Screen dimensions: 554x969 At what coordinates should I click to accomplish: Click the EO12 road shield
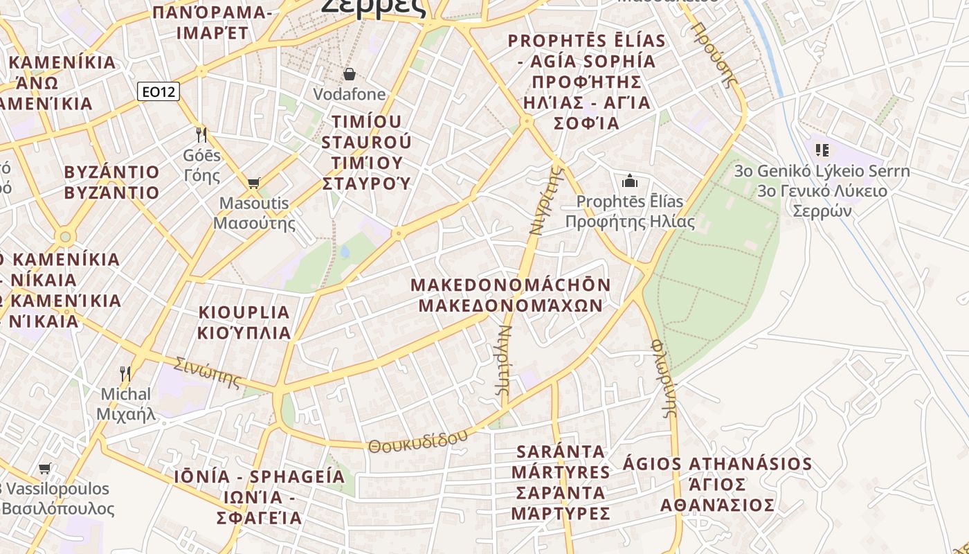click(159, 91)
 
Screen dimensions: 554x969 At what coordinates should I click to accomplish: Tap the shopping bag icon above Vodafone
click(350, 73)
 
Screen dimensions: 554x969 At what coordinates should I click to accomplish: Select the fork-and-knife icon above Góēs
click(201, 134)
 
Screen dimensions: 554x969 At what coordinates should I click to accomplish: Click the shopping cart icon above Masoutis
click(253, 183)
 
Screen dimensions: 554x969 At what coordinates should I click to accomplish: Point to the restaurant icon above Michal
click(125, 374)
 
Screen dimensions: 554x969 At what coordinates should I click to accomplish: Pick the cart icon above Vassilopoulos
click(45, 468)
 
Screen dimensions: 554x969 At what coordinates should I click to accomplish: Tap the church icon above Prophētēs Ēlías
click(630, 181)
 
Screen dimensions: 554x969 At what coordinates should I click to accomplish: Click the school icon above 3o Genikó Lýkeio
click(822, 150)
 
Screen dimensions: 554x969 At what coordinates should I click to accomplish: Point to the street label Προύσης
click(713, 54)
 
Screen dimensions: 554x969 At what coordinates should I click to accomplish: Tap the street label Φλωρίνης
click(663, 377)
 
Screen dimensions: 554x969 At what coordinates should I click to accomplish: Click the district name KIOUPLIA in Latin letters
click(244, 312)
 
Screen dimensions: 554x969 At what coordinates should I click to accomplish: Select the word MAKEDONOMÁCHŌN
click(511, 285)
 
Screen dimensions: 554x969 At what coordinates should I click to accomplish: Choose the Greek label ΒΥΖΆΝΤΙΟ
click(111, 193)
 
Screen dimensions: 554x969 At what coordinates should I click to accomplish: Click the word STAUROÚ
click(366, 142)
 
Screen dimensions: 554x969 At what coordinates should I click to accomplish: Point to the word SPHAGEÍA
click(297, 476)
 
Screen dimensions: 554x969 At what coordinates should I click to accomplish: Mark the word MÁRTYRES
click(561, 472)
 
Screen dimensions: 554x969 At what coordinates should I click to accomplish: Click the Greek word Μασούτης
click(254, 224)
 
